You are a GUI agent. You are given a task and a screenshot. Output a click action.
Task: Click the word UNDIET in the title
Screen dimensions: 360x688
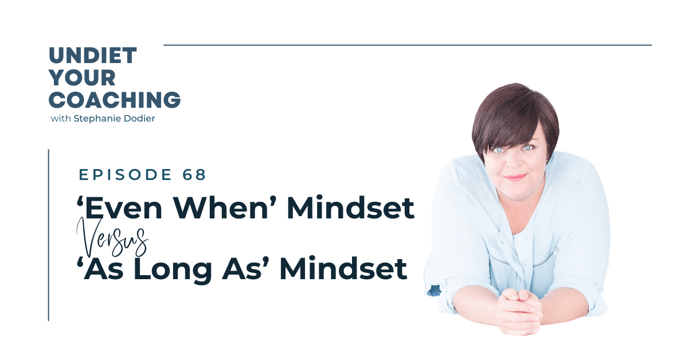tap(93, 56)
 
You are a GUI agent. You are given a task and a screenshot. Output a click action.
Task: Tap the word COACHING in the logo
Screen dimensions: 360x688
tap(115, 99)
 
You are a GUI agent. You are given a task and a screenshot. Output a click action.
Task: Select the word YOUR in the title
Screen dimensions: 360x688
tap(83, 77)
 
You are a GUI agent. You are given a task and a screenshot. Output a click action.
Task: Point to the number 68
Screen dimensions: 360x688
tap(194, 175)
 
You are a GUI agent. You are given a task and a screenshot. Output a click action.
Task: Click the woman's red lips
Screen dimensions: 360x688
tap(515, 177)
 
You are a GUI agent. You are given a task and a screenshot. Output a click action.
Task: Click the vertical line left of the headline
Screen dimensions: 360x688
tap(49, 235)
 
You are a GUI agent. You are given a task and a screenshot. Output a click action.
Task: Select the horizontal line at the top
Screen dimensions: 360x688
tap(407, 45)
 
